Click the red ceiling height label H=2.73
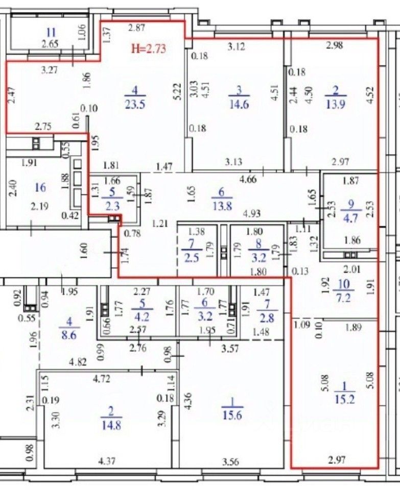tap(149, 49)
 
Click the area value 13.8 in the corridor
tap(222, 206)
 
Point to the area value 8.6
tap(69, 336)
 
